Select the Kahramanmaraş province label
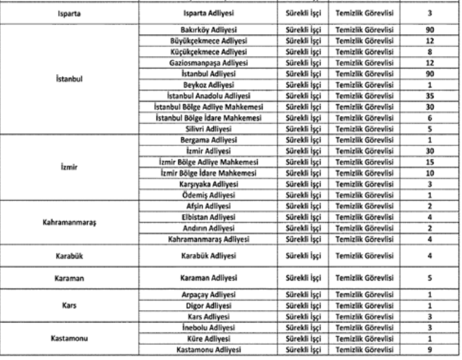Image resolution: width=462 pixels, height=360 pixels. coord(71,223)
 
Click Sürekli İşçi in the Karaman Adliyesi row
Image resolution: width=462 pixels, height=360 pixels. coord(303,277)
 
